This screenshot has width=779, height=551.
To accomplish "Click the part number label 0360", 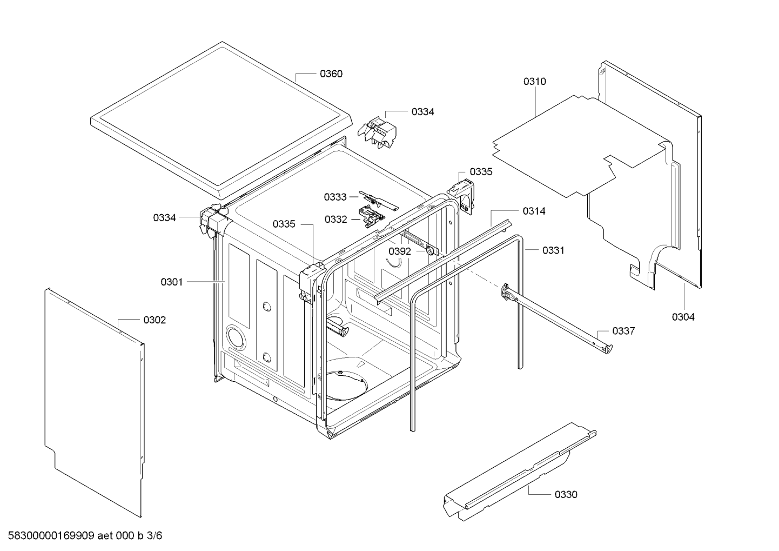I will point(331,74).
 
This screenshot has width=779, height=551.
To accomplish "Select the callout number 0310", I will point(534,82).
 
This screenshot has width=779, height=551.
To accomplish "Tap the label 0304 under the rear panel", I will point(683,317).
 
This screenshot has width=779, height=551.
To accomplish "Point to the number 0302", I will point(155,320).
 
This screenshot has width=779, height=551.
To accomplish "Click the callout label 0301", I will point(172,282).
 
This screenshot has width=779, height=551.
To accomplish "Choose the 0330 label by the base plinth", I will point(566,494).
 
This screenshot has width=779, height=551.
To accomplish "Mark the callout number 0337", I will point(623,331).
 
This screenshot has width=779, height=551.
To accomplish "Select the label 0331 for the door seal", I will point(553,250).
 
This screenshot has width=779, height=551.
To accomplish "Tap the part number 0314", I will point(534,211).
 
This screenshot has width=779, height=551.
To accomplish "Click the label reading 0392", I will point(400,251).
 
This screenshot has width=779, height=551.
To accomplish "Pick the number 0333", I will point(335,197).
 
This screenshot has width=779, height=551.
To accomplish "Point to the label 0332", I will point(336,219).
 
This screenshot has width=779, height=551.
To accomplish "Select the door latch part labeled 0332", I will point(372,217).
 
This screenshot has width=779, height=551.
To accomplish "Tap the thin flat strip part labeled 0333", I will point(379,200).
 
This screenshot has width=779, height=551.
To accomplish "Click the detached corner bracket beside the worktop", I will point(377,131).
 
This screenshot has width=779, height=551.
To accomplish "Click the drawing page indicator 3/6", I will point(155,536).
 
